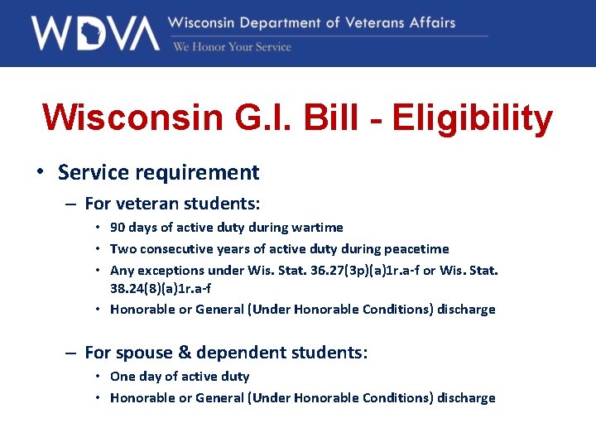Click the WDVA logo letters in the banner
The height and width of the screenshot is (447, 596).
point(94,33)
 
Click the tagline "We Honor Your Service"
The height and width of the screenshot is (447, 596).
point(232,47)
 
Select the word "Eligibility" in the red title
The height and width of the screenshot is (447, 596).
point(472,118)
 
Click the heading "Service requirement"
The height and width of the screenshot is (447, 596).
point(158,172)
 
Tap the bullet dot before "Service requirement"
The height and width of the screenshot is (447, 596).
point(40,172)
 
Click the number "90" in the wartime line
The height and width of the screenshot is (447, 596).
point(118,227)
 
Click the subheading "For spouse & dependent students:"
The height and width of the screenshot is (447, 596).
point(226,353)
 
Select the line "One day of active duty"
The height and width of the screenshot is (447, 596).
point(180,376)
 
